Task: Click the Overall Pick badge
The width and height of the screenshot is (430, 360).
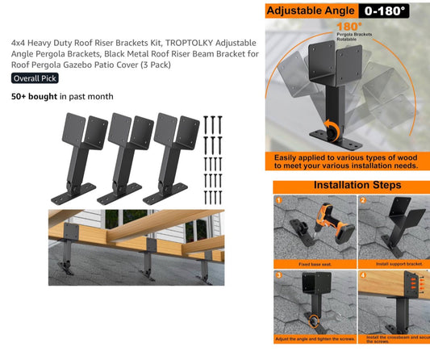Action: pyautogui.click(x=35, y=78)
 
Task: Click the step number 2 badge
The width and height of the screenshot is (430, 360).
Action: pyautogui.click(x=363, y=200)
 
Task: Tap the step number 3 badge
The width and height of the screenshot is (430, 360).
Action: pyautogui.click(x=279, y=276)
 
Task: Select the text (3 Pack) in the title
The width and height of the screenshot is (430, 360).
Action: pyautogui.click(x=154, y=65)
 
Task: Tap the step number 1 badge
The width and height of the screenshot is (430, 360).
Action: pyautogui.click(x=279, y=200)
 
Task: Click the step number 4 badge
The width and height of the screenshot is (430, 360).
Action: pyautogui.click(x=363, y=276)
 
